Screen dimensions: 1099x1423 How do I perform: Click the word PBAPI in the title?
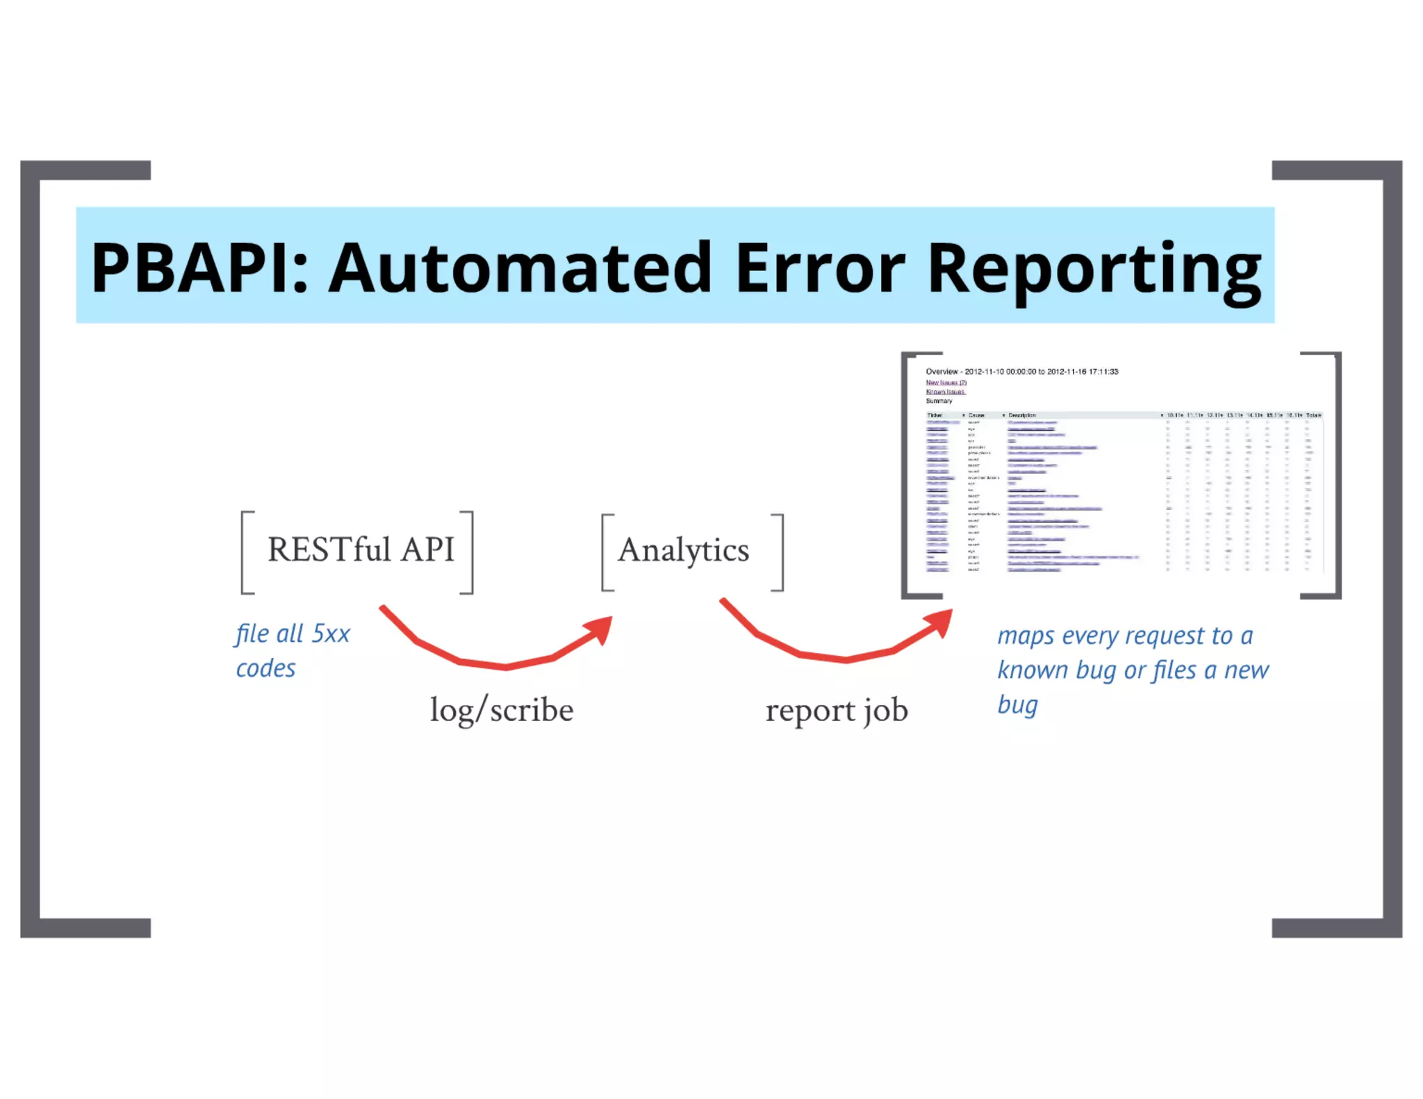pos(198,268)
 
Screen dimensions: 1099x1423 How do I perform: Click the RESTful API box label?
pos(360,549)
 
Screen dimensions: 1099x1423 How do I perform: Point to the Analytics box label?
pos(684,550)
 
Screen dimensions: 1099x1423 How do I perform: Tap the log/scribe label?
pos(502,710)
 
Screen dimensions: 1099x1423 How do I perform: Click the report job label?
pos(837,710)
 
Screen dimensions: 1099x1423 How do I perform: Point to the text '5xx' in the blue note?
pos(331,634)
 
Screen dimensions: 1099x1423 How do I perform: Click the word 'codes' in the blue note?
pos(265,668)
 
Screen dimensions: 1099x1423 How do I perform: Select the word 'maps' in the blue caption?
pos(1026,636)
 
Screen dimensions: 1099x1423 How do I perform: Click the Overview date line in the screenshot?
pos(1022,372)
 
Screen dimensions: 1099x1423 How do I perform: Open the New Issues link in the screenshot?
pos(946,382)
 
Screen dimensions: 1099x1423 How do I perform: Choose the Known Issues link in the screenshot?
pos(945,392)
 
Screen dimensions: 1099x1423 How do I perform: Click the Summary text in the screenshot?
pos(939,401)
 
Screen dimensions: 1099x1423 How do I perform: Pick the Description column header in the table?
pos(1022,415)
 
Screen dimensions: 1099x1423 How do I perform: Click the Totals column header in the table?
pos(1313,415)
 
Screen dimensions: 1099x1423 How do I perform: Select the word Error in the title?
pos(820,268)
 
